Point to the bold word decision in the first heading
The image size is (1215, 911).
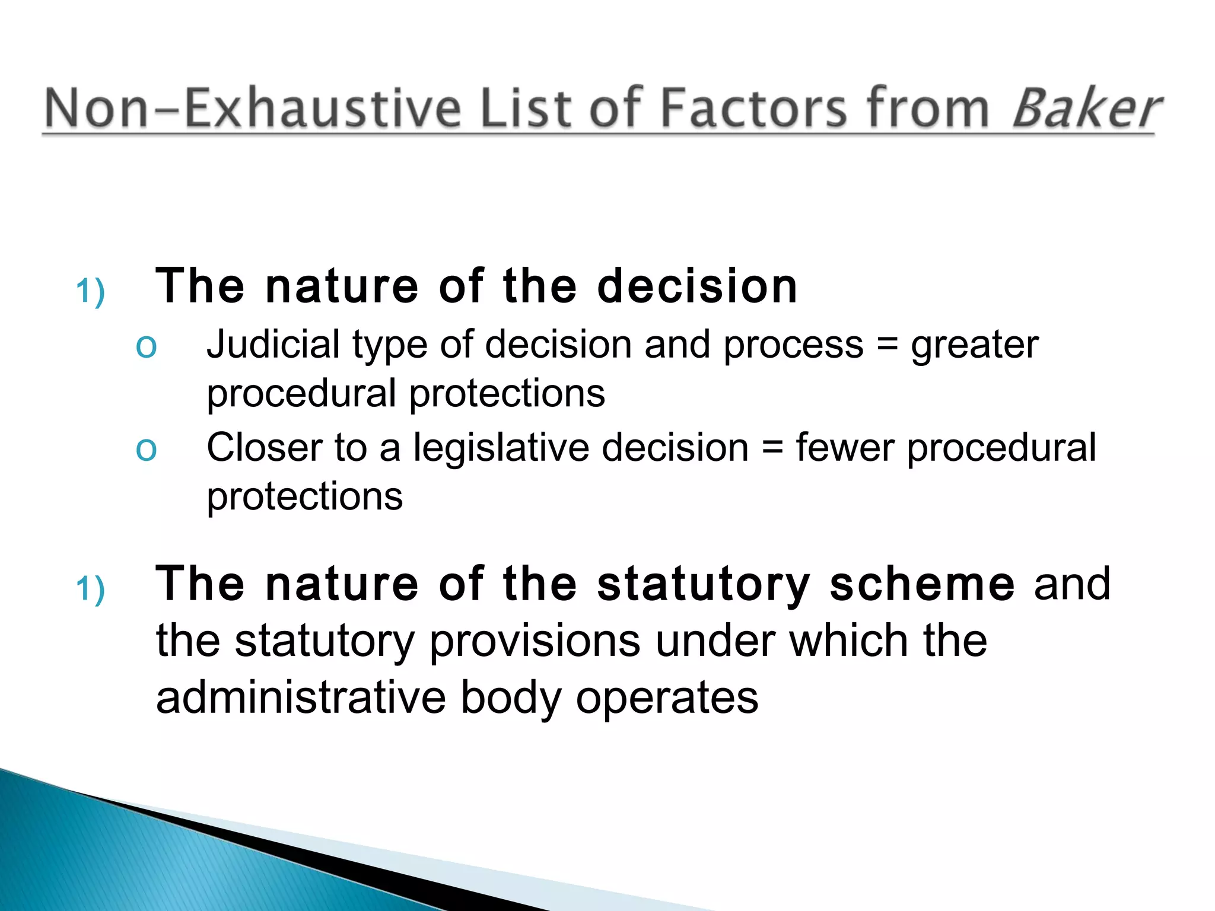point(697,286)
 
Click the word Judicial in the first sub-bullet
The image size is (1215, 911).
point(273,345)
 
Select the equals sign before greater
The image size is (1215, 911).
point(887,346)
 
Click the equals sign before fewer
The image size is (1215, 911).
point(772,448)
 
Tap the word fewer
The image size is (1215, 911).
point(845,448)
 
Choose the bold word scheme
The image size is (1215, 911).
point(922,584)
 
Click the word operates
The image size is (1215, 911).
point(667,699)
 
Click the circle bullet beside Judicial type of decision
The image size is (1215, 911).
point(146,346)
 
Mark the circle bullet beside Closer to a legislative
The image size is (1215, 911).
point(146,449)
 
